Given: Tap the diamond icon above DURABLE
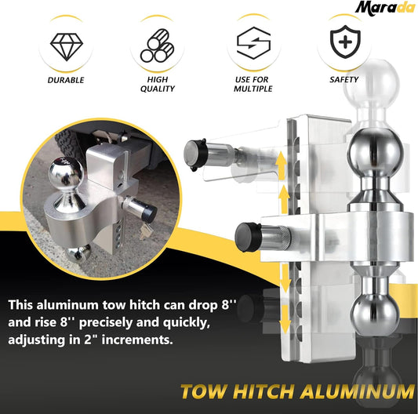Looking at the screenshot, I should click(x=66, y=44).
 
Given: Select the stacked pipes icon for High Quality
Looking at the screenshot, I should click(x=159, y=45).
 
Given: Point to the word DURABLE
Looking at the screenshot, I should click(x=66, y=80).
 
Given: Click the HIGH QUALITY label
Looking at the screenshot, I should click(x=159, y=85).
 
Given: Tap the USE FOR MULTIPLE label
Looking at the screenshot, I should click(x=253, y=85).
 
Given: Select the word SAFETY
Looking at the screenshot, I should click(x=344, y=79).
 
